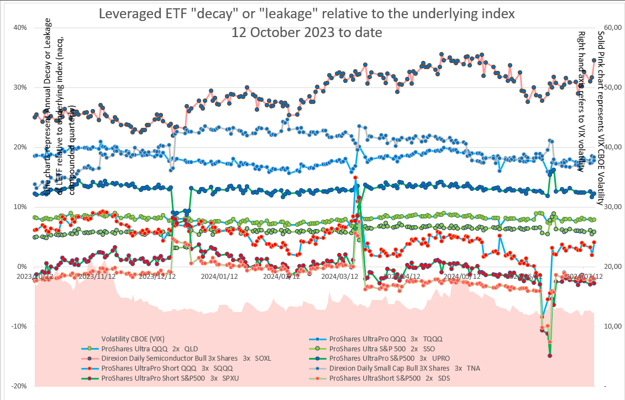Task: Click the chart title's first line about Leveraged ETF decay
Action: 307,14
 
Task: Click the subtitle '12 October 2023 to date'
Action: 307,33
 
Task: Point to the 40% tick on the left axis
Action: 20,28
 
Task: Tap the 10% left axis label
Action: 20,207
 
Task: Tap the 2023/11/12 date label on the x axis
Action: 97,276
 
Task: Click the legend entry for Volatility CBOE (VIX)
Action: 133,339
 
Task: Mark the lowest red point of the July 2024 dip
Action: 550,356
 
